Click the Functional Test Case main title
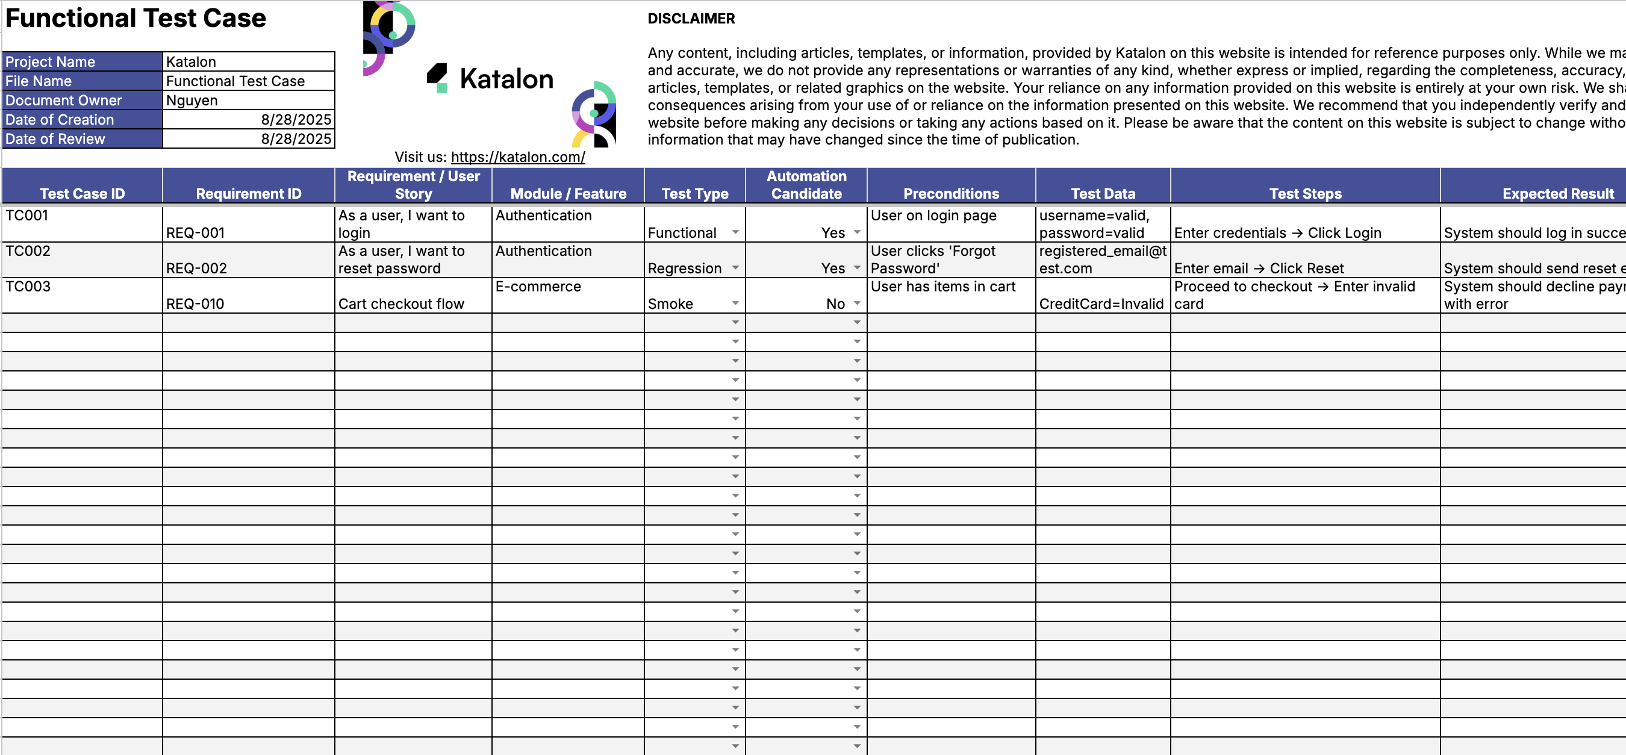tap(135, 18)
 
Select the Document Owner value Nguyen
tap(192, 101)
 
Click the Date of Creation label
tap(60, 119)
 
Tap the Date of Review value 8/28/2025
tap(296, 139)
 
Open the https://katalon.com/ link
tap(517, 157)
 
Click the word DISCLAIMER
tap(691, 18)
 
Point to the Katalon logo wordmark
tap(506, 79)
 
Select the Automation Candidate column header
tap(806, 185)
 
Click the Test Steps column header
tap(1304, 194)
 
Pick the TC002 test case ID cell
tap(28, 251)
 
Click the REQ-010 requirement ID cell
tap(195, 303)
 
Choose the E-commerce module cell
tap(538, 287)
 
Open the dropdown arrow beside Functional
tap(735, 232)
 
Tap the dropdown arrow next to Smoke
tap(735, 303)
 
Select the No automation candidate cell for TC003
tap(835, 303)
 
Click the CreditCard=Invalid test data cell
tap(1101, 303)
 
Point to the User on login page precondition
tap(933, 216)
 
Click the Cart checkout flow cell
tap(401, 303)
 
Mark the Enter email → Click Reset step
tap(1259, 269)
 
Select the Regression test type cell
tap(684, 269)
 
